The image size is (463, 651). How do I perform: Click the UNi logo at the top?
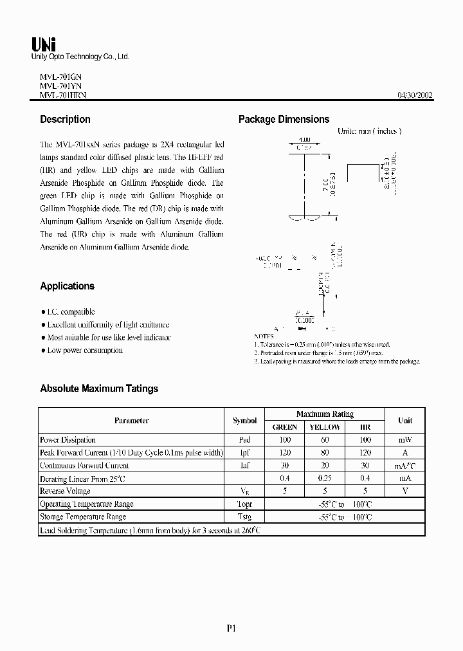point(44,44)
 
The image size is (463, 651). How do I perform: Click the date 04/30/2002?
point(415,95)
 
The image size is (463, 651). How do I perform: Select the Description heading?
point(65,119)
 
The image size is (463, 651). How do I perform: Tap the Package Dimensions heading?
point(284,119)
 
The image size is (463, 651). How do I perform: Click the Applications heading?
point(67,286)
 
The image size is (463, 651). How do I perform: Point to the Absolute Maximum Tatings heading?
point(98,388)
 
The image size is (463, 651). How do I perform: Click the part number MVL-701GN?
point(57,75)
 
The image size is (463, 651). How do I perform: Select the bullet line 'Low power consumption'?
point(84,351)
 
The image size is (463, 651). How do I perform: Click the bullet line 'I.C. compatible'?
point(71,311)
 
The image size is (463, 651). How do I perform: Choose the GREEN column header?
point(285,426)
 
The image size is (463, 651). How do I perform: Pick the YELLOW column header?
point(325,426)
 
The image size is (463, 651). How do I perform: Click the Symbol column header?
point(244,420)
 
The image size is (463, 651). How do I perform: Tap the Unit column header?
point(405,420)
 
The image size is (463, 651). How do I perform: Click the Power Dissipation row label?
point(68,440)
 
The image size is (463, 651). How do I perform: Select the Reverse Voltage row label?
point(64,491)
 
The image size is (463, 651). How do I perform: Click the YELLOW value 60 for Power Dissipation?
point(325,440)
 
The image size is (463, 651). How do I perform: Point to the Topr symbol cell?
point(244,504)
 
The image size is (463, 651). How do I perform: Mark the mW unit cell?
point(405,440)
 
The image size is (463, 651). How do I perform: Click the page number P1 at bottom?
point(232,630)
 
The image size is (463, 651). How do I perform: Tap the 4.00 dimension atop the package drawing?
point(304,140)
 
